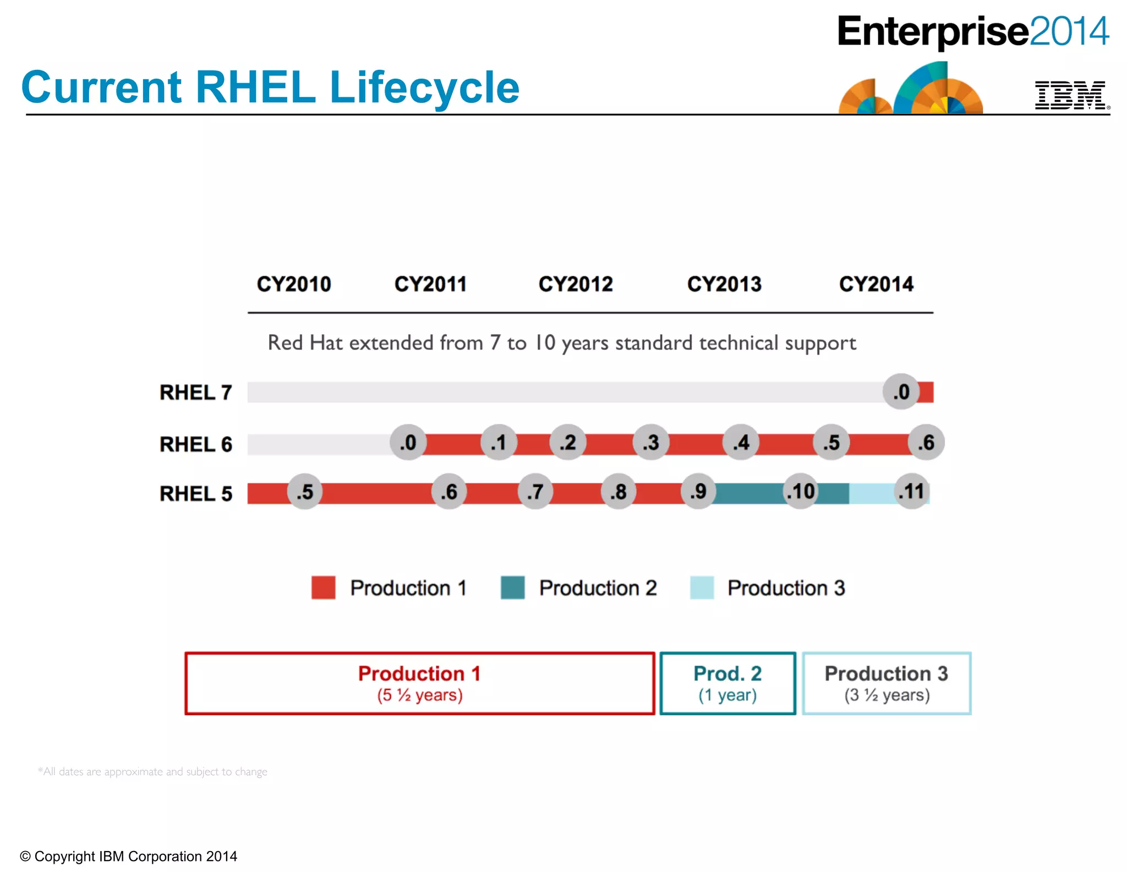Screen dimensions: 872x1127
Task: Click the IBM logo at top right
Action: point(1070,95)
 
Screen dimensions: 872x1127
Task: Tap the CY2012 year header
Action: point(575,284)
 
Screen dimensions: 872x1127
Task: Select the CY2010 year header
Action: point(294,284)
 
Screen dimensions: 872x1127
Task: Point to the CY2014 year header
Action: point(876,284)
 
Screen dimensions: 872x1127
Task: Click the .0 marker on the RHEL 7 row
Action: point(901,392)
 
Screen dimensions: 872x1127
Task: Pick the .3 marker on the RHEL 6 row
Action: point(651,442)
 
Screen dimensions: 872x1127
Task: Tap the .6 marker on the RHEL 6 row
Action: point(927,442)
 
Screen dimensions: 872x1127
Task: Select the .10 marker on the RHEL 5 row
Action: point(801,491)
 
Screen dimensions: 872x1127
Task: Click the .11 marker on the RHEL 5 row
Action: point(911,491)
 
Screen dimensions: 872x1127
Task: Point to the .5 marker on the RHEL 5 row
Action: point(305,491)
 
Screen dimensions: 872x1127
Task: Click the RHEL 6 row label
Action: point(196,444)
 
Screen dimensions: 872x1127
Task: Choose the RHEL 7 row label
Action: point(196,393)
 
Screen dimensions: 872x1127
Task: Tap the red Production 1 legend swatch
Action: point(324,587)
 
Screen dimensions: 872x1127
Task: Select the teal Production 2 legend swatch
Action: point(512,587)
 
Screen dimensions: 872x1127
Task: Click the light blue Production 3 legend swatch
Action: point(702,587)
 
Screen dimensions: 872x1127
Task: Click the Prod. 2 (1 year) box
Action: point(727,683)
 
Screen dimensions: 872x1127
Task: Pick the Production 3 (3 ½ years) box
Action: point(887,683)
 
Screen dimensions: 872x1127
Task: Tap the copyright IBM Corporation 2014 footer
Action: point(129,856)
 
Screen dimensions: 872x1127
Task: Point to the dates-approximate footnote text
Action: point(152,771)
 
